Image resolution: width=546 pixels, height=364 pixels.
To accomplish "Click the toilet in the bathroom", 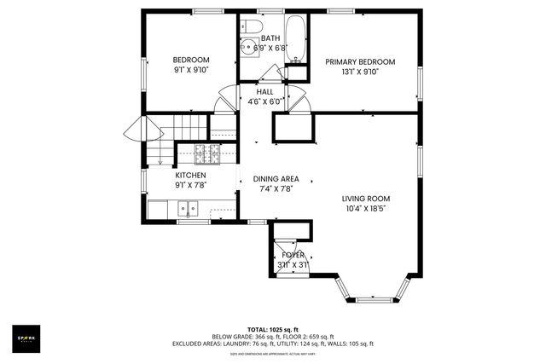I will pyautogui.click(x=249, y=26).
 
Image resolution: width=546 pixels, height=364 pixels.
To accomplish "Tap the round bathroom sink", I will pyautogui.click(x=249, y=49).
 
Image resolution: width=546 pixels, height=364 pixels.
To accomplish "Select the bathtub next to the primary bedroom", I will pyautogui.click(x=296, y=38).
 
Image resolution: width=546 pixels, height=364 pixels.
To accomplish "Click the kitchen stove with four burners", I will pyautogui.click(x=206, y=154).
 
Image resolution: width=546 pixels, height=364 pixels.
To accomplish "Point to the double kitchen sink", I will pyautogui.click(x=186, y=207).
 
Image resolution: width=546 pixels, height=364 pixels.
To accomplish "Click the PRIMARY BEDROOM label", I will pyautogui.click(x=359, y=62).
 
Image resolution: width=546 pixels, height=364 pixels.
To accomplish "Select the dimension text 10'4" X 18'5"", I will pyautogui.click(x=365, y=207).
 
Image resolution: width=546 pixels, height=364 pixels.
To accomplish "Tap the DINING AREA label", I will pyautogui.click(x=275, y=179).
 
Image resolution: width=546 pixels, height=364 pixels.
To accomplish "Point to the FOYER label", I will pyautogui.click(x=293, y=254).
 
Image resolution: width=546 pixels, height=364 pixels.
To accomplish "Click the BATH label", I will pyautogui.click(x=270, y=38).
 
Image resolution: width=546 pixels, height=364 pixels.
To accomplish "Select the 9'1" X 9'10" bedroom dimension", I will pyautogui.click(x=190, y=70).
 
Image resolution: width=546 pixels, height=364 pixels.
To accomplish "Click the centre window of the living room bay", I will pyautogui.click(x=373, y=299).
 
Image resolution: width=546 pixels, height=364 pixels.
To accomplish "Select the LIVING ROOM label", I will pyautogui.click(x=365, y=197).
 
